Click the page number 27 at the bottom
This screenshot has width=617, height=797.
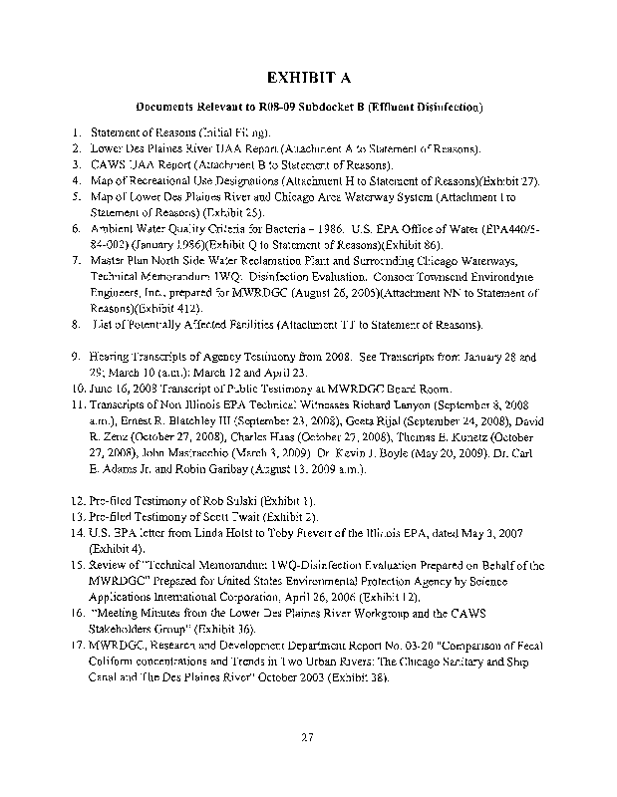click(308, 737)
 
